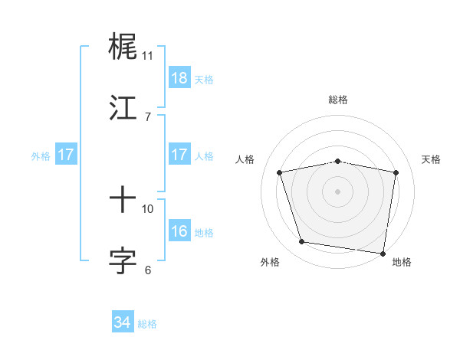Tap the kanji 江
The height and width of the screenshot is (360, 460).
[x=123, y=108]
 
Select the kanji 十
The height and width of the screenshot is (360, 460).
[x=123, y=201]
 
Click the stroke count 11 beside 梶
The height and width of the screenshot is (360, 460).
[x=147, y=56]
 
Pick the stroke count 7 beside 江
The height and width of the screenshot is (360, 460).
[x=147, y=116]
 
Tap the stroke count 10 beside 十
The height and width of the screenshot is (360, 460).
[x=148, y=208]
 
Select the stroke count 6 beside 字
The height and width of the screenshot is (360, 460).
[x=147, y=270]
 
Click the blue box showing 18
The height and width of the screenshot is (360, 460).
[x=179, y=77]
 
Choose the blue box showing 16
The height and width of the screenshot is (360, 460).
[x=179, y=231]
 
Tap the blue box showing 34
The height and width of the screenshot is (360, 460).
[x=123, y=322]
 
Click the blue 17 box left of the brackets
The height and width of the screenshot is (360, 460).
[x=66, y=155]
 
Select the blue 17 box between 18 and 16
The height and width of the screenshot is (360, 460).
[x=179, y=155]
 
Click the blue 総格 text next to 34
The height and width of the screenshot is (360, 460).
[x=147, y=324]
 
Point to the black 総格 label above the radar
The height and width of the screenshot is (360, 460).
[x=338, y=100]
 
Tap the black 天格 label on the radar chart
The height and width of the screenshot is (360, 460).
[x=432, y=159]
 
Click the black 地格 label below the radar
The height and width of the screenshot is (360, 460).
[x=402, y=262]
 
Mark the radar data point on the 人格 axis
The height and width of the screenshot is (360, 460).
[x=280, y=172]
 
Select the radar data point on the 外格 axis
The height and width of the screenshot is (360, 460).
[x=301, y=242]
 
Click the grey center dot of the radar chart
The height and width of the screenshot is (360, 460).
[x=338, y=191]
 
